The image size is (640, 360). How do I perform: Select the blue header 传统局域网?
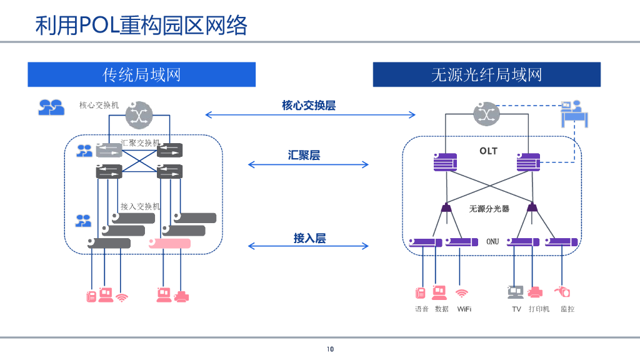tap(141, 75)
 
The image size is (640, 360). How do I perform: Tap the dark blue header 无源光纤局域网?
tap(486, 75)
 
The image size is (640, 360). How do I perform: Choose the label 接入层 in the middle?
tap(309, 238)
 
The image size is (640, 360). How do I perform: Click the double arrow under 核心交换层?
tap(311, 114)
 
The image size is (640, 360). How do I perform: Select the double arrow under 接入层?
tap(309, 246)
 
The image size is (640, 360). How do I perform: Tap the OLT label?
tap(488, 151)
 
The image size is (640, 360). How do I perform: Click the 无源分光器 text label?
tap(489, 209)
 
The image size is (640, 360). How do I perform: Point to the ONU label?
tap(492, 241)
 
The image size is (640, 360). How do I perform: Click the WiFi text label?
tap(464, 309)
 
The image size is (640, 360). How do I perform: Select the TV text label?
tap(516, 309)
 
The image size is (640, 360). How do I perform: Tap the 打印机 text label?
tap(539, 309)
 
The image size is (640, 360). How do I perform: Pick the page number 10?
tap(331, 349)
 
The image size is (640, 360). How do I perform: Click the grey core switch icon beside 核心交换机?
tap(139, 114)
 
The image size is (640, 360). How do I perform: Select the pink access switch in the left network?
tap(169, 243)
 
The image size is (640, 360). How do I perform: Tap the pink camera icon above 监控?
tap(562, 291)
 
